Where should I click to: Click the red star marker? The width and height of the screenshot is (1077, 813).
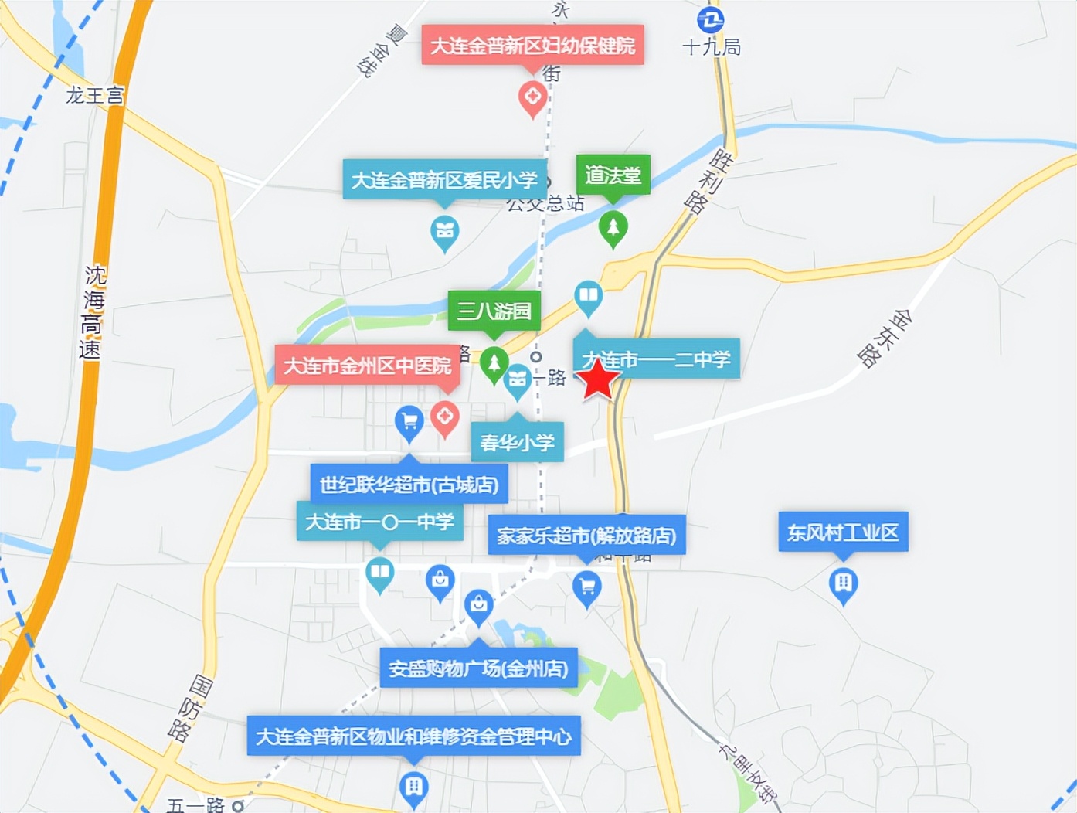pos(598,379)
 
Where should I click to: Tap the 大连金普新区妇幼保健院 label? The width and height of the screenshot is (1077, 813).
pos(532,46)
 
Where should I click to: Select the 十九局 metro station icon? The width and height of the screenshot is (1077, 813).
pos(710,19)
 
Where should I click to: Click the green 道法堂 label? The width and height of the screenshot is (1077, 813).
pos(613,175)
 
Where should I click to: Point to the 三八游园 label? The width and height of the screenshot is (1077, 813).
pos(494,311)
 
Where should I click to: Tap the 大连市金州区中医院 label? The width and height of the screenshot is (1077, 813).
pos(367,366)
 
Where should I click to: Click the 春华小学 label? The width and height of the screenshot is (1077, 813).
pos(517,443)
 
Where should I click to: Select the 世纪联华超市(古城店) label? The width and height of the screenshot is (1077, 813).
pos(409,485)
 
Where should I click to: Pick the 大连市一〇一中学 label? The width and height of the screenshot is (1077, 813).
pos(379,522)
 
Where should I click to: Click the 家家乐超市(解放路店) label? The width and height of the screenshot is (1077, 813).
pos(586,536)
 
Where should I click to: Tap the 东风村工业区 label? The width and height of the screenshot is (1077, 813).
pos(843,532)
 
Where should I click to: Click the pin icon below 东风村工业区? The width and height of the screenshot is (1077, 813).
pos(843,584)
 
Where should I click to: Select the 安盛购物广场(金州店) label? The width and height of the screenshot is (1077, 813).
pos(478,668)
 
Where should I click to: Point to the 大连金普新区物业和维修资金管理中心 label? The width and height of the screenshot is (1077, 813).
pos(413,736)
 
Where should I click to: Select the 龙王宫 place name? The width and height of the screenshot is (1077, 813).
pos(94,95)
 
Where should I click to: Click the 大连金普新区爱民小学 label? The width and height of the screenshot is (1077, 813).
pos(444,180)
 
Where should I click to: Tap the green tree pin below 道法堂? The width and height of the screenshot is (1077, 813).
pos(613,228)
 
